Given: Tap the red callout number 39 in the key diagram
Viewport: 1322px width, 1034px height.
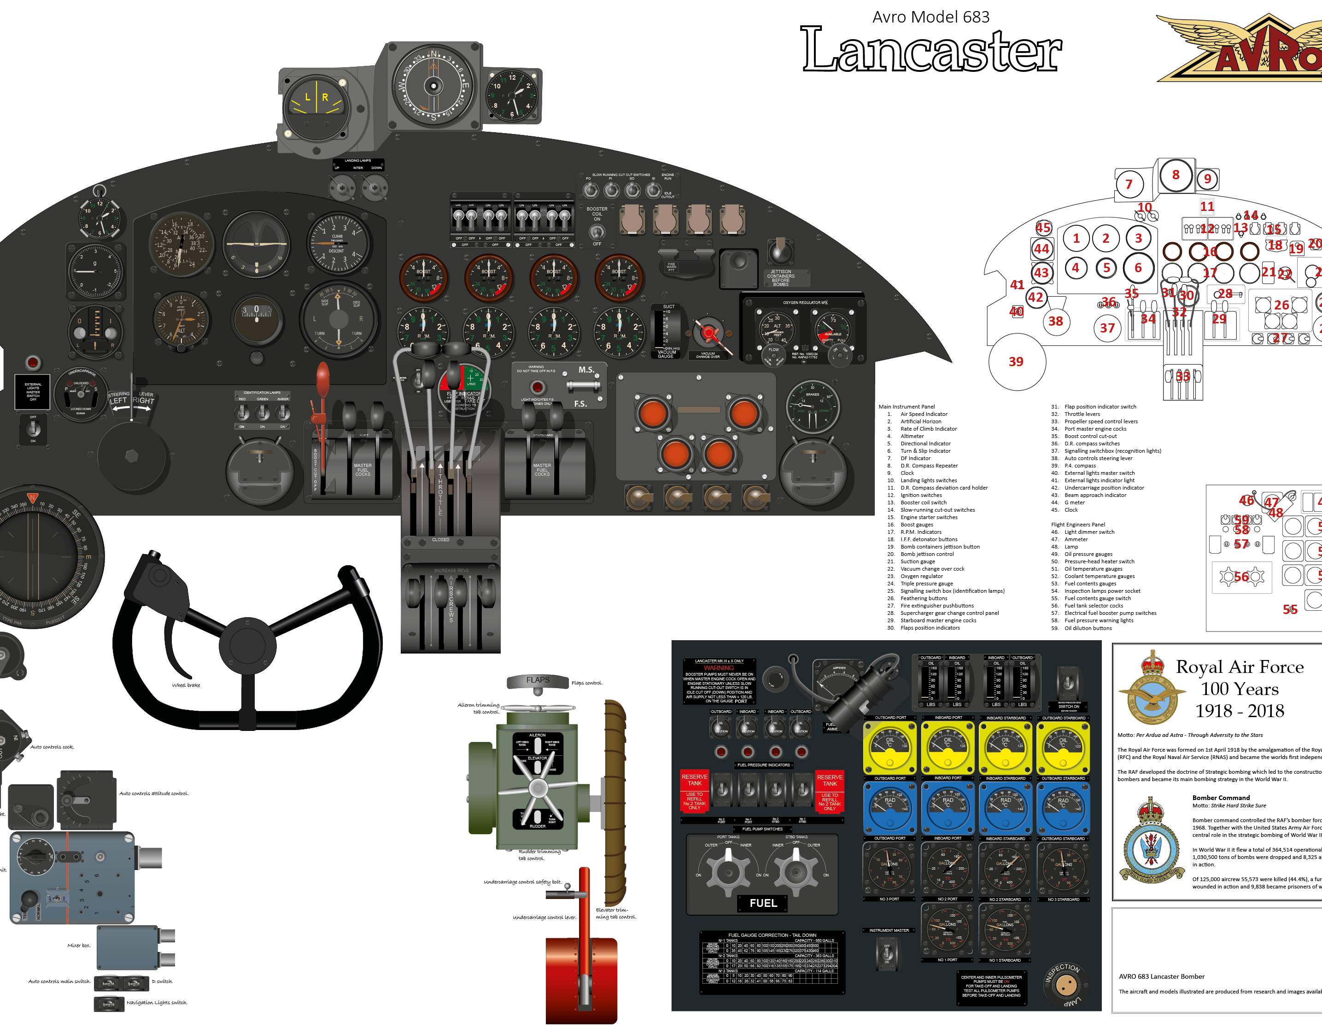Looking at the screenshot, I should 1016,362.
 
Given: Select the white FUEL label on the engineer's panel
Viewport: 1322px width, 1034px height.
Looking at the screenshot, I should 763,903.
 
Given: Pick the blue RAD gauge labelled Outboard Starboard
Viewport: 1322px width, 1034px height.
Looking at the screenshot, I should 1063,807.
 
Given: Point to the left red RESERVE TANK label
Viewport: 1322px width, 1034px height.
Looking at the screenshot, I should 694,780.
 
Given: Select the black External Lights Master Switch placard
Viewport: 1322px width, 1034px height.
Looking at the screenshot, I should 33,391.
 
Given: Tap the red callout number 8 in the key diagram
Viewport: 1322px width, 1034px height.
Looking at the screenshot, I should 1176,175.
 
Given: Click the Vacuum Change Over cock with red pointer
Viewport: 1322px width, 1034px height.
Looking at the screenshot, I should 708,333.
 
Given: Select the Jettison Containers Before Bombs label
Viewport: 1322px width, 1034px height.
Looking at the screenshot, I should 780,277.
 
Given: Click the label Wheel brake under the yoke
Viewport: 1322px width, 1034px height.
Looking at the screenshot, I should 186,685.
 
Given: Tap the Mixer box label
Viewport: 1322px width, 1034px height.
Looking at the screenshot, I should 79,945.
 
